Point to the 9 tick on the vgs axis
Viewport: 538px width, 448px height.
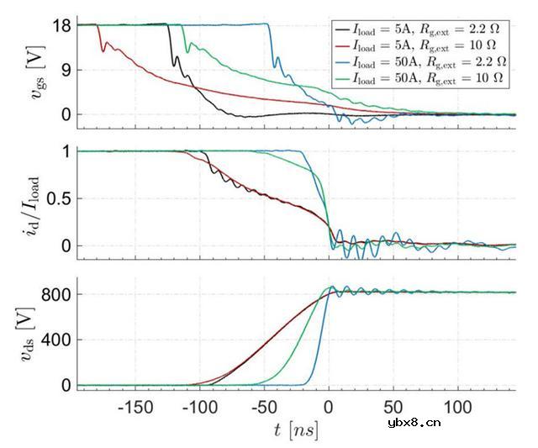(x=65, y=70)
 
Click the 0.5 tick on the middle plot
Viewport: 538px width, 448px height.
(x=57, y=198)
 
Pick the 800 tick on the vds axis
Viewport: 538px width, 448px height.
(x=55, y=293)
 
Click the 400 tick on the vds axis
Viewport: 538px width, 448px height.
(x=55, y=340)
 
